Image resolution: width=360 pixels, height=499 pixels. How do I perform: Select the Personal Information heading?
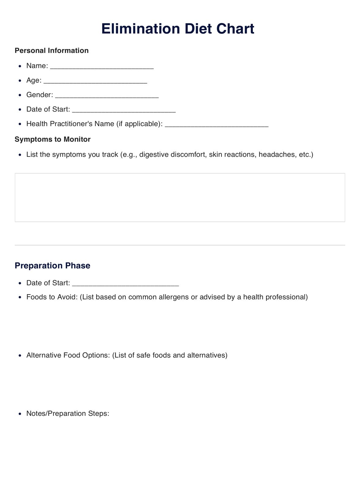(51, 51)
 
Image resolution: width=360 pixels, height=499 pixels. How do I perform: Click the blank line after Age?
(95, 81)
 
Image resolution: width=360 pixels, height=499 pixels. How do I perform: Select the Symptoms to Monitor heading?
(52, 139)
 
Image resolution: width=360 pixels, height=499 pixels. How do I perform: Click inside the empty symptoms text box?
(180, 197)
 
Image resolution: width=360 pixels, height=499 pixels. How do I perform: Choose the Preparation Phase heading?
(52, 265)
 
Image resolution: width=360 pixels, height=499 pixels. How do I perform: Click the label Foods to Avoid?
(52, 297)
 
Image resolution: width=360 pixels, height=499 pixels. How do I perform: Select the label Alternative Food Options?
(68, 355)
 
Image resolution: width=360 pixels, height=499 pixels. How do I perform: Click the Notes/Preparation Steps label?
(68, 413)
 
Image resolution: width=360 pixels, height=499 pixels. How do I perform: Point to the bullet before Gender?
(20, 95)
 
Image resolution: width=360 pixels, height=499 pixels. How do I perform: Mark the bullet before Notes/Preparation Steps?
(20, 414)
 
